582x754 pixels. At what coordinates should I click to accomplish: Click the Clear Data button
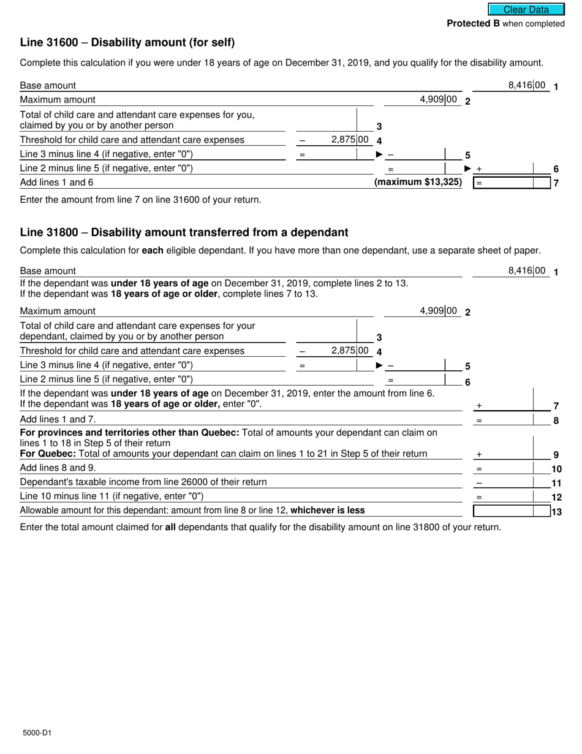pyautogui.click(x=526, y=9)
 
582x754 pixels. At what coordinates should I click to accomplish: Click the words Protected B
pyautogui.click(x=473, y=23)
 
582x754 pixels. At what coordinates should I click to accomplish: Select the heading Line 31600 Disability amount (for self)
pyautogui.click(x=127, y=42)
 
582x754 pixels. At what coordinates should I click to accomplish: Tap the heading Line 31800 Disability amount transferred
pyautogui.click(x=184, y=232)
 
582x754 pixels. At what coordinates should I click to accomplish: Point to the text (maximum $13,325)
pyautogui.click(x=418, y=182)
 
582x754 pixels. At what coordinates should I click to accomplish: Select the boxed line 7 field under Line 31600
pyautogui.click(x=512, y=183)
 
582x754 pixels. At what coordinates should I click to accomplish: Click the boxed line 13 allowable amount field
pyautogui.click(x=512, y=511)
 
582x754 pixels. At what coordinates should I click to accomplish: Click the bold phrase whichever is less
pyautogui.click(x=328, y=510)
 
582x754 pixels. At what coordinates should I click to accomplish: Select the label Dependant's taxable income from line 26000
pyautogui.click(x=143, y=482)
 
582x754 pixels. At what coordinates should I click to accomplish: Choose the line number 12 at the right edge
pyautogui.click(x=556, y=497)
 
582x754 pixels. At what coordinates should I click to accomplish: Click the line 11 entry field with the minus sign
pyautogui.click(x=512, y=482)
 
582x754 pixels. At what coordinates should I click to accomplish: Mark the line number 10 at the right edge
pyautogui.click(x=556, y=469)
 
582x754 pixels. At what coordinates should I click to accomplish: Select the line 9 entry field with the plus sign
pyautogui.click(x=512, y=454)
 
